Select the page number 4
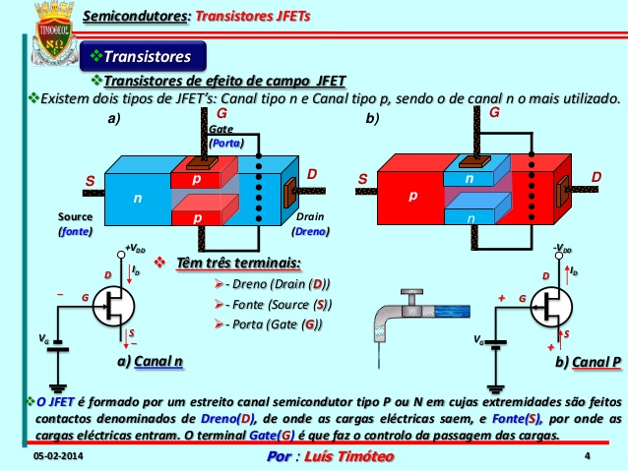pyautogui.click(x=587, y=456)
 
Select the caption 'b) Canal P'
pyautogui.click(x=588, y=362)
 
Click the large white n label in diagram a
pyautogui.click(x=137, y=198)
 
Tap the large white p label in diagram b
pyautogui.click(x=411, y=197)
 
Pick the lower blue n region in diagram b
pyautogui.click(x=470, y=217)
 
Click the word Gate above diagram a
pyautogui.click(x=220, y=130)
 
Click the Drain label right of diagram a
pyautogui.click(x=310, y=216)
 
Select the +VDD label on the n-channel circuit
pyautogui.click(x=135, y=250)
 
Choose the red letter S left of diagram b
pyautogui.click(x=362, y=180)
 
